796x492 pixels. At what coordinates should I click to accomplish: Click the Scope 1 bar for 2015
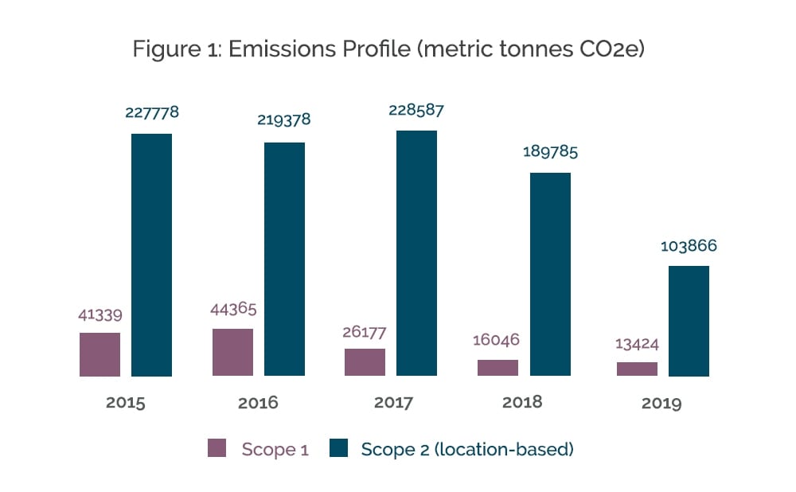tap(99, 354)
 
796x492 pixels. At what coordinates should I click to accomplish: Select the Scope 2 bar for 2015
tap(151, 255)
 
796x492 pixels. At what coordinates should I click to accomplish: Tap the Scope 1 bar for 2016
tap(232, 352)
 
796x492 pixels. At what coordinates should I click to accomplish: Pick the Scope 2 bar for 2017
tap(416, 253)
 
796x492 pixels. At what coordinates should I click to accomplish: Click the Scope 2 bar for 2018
tap(550, 274)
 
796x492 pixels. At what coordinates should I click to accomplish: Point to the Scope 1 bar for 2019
tap(637, 369)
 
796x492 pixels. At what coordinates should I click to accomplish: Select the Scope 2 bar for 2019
tap(689, 321)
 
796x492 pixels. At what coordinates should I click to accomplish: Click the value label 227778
tap(152, 113)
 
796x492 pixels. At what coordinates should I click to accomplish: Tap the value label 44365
tap(232, 308)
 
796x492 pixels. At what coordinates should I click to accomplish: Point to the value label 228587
tap(416, 110)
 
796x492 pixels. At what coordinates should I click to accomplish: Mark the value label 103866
tap(689, 246)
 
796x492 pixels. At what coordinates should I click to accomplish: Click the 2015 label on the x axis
tap(126, 403)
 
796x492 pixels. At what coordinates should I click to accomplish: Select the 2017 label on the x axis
tap(393, 403)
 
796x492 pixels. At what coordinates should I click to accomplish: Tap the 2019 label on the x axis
tap(661, 403)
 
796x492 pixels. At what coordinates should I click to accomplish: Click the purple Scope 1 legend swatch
tap(217, 448)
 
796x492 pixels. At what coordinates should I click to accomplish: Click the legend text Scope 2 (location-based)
tap(467, 449)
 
